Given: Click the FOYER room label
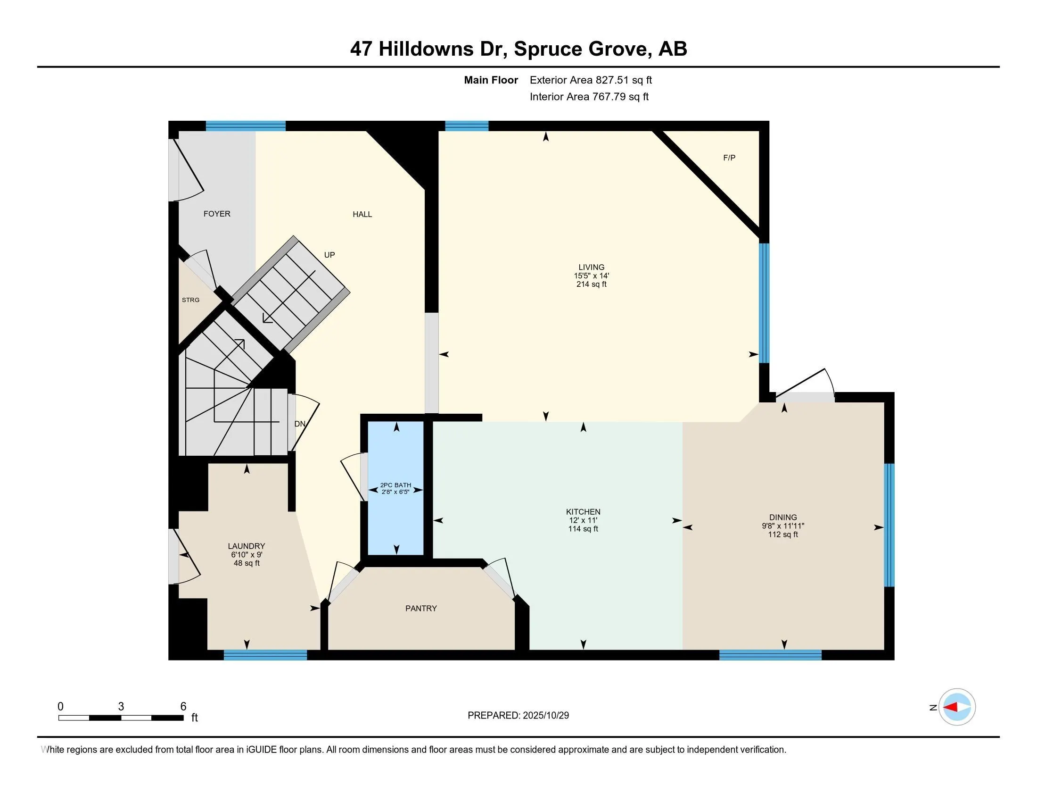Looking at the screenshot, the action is point(216,214).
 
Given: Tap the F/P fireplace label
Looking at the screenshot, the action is point(729,158).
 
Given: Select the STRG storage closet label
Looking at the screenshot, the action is point(190,300).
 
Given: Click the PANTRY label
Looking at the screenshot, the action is point(420,608).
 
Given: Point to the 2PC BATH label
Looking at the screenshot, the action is point(395,485).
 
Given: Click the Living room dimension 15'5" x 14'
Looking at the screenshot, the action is point(591,276).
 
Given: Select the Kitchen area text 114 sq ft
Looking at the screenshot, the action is point(583,529).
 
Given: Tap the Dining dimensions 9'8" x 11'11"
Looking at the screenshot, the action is point(783,526).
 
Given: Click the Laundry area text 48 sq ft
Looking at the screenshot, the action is point(247,563).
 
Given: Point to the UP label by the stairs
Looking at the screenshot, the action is point(329,255).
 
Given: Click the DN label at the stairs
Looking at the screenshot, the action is point(300,424).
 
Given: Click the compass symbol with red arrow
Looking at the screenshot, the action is point(957,707).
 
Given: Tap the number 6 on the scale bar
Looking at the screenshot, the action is point(183,707).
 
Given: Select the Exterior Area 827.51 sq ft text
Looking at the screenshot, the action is point(591,80).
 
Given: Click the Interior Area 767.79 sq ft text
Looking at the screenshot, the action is point(589,97).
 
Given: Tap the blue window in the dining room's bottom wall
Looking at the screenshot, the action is point(770,655).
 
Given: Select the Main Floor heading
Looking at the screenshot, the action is point(491,80).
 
